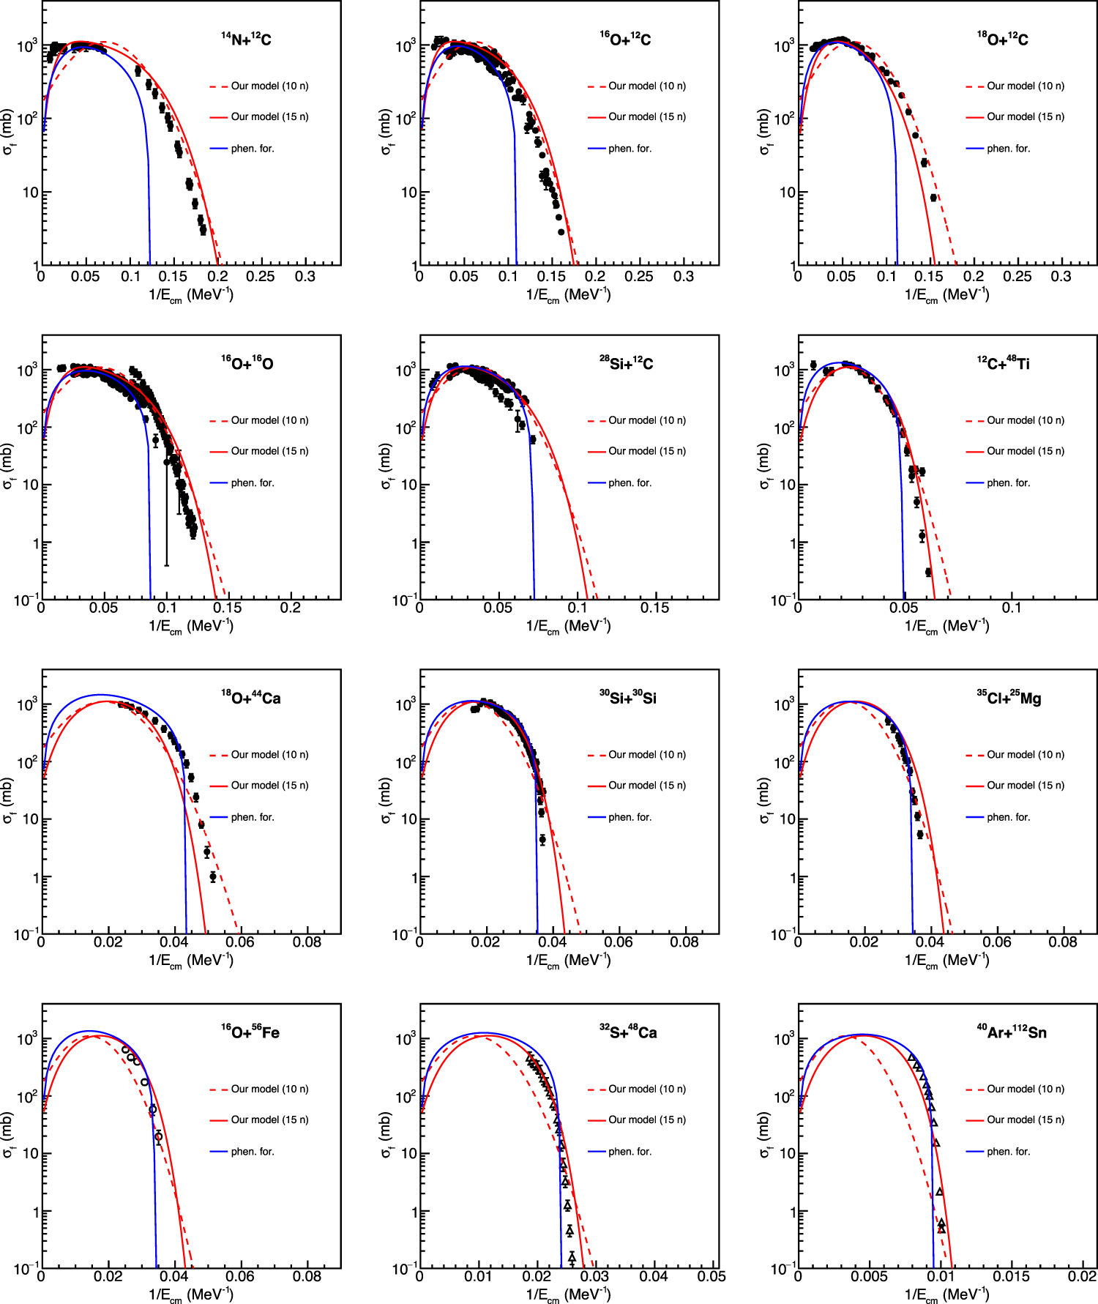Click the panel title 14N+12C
pos(247,40)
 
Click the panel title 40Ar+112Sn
pos(1012,1032)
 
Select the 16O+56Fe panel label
pos(250,1032)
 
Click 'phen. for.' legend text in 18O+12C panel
pos(1008,149)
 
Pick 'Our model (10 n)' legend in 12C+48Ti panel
pos(1025,420)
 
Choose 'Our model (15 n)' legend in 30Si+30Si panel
pos(647,786)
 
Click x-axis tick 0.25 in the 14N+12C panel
pos(261,277)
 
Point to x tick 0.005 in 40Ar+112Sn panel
pos(869,1276)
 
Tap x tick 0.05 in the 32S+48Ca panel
pos(711,1276)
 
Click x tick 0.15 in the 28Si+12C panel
pos(654,608)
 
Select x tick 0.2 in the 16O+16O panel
pos(291,608)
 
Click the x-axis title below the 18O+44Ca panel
pos(191,960)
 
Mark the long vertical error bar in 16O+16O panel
pos(166,513)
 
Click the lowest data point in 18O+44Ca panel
pos(213,876)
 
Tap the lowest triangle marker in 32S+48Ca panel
pos(572,1257)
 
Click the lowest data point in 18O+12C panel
pos(933,198)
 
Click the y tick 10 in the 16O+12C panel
pos(406,193)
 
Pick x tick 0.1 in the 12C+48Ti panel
pos(1011,608)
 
